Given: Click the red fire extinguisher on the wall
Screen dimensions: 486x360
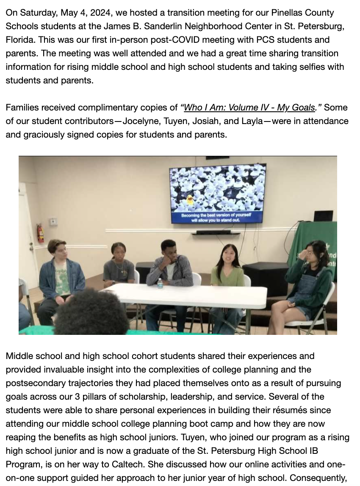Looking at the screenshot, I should pyautogui.click(x=40, y=233).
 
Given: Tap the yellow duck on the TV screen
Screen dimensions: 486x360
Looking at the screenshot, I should pyautogui.click(x=191, y=200).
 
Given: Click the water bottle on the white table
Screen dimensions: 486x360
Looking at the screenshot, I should pyautogui.click(x=160, y=282).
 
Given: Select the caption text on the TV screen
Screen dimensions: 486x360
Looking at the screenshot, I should pyautogui.click(x=216, y=218).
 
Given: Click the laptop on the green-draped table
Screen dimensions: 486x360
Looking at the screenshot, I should pyautogui.click(x=323, y=216).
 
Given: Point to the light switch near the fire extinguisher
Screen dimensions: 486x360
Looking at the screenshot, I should pyautogui.click(x=53, y=222).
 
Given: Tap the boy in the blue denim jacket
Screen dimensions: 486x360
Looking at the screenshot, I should pyautogui.click(x=61, y=275).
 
